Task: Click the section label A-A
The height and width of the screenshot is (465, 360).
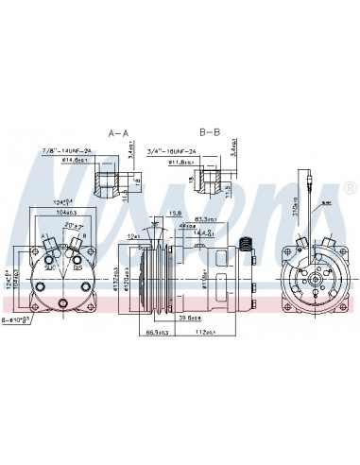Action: [118, 132]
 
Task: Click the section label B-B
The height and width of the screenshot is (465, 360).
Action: [209, 132]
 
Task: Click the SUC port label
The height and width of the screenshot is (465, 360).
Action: [48, 267]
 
